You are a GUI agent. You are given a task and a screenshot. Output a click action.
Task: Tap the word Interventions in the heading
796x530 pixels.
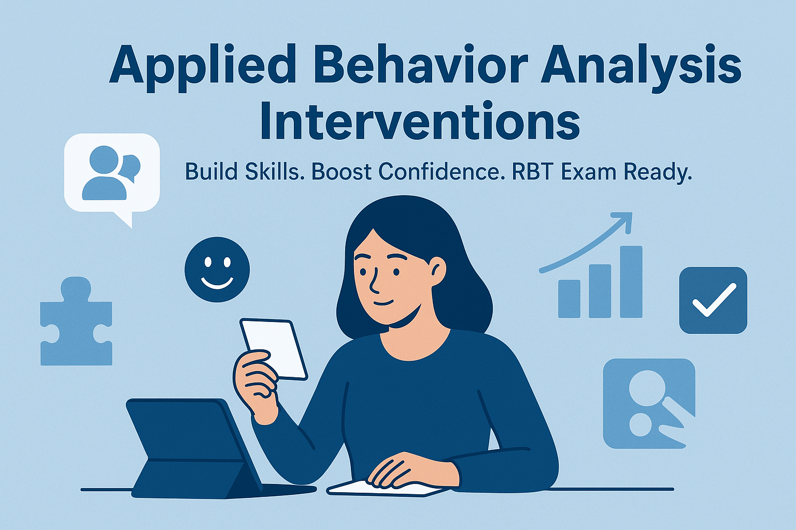[x=420, y=121]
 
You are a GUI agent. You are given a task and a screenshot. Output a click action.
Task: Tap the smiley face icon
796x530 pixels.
[x=217, y=270]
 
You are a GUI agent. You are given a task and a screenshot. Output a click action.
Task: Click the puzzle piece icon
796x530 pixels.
[x=76, y=321]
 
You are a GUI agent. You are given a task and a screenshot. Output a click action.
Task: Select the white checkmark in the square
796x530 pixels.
[x=714, y=300]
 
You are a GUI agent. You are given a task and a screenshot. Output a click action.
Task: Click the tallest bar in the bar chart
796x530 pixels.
[x=631, y=282]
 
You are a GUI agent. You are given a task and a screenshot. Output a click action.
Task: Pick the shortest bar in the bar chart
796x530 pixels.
[x=570, y=299]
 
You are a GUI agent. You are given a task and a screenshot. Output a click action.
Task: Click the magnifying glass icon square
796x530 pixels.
[x=649, y=404]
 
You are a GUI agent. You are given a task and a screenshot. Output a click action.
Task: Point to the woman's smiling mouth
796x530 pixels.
[x=385, y=303]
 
